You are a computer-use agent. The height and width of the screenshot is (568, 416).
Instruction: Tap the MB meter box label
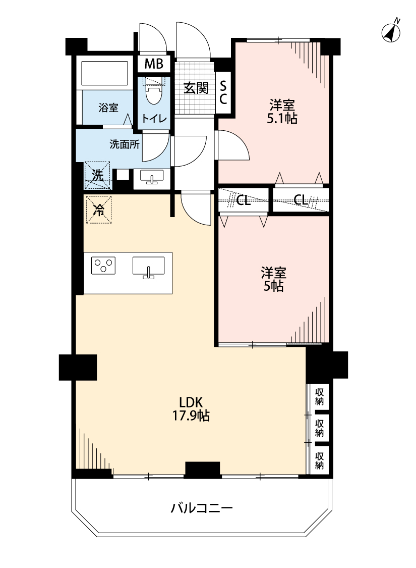pos(154,64)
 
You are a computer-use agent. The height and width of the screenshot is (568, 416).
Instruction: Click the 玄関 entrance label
pos(196,88)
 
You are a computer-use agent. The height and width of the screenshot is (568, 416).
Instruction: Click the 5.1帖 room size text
pos(282,119)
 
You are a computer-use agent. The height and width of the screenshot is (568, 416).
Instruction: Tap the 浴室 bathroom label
pos(108,108)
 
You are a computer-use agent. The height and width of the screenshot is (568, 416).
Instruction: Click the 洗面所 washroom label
pos(125,144)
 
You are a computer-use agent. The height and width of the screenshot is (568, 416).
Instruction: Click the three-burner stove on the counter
pos(103,266)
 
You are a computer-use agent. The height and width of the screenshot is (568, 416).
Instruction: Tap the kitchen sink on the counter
pos(148,267)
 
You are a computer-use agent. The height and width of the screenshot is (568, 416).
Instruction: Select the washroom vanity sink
pos(152,177)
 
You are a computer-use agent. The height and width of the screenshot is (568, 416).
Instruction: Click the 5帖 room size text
pos(274,286)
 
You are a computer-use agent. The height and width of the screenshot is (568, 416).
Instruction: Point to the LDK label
pos(191,402)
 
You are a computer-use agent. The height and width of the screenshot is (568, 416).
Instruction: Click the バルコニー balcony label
pos(202,507)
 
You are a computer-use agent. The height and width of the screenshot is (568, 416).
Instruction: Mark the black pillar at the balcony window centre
pos(203,469)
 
